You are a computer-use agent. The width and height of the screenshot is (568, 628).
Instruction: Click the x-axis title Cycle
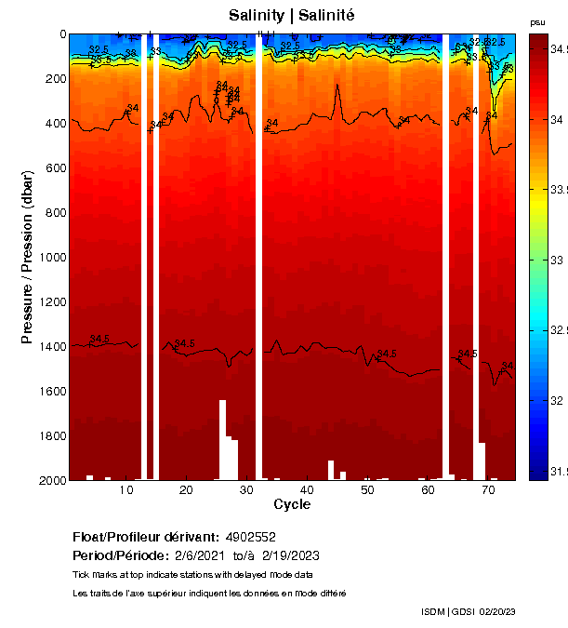(292, 504)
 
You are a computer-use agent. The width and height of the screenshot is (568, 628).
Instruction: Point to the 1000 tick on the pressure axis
(51, 257)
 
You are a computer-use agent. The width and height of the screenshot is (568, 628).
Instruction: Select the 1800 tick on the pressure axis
(51, 435)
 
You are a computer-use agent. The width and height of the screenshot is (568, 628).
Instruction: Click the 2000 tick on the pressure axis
(51, 480)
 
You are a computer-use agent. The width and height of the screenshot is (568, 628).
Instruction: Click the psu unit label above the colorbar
(537, 22)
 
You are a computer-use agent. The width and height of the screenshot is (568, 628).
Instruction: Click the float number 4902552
(250, 537)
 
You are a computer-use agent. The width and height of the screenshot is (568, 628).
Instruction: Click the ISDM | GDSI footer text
(445, 611)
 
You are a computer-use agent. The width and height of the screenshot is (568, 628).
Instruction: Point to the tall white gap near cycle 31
(258, 257)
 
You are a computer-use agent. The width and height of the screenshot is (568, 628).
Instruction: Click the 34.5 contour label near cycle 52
(387, 354)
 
